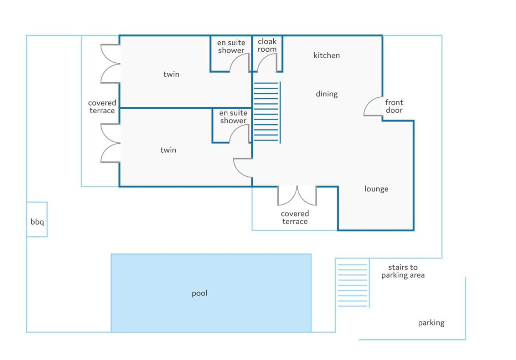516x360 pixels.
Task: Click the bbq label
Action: click(37, 222)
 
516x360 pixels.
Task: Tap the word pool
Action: click(199, 293)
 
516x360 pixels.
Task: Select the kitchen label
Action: click(327, 55)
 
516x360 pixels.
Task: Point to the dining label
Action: click(327, 94)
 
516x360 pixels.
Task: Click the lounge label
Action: click(376, 189)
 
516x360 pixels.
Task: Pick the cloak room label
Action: click(267, 45)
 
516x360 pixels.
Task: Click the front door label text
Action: click(394, 106)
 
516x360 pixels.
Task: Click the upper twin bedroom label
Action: click(171, 74)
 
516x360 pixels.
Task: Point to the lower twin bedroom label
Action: click(168, 150)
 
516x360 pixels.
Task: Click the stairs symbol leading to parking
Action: click(353, 285)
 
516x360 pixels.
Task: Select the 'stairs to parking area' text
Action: click(403, 271)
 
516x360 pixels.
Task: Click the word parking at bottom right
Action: click(431, 323)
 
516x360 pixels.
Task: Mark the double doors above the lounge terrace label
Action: click(297, 195)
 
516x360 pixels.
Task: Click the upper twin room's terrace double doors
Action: click(108, 64)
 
